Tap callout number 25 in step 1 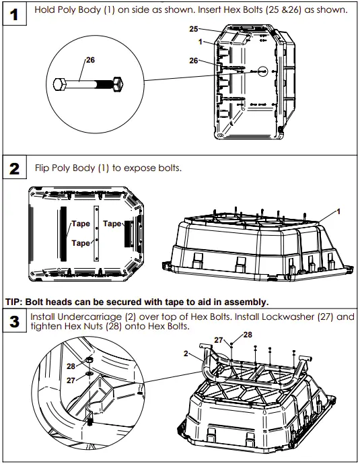point(193,30)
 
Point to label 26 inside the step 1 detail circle point(90,60)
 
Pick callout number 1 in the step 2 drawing point(338,211)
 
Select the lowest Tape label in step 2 point(81,242)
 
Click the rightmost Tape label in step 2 point(112,223)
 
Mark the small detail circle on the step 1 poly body point(262,71)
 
